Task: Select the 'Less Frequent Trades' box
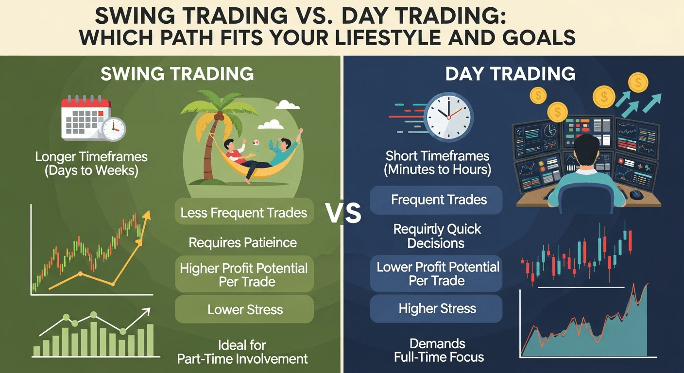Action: click(x=244, y=212)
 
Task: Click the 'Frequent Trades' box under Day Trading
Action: click(x=436, y=200)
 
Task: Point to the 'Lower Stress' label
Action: click(x=244, y=309)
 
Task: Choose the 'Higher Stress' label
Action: click(x=436, y=308)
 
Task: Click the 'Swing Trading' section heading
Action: click(x=177, y=74)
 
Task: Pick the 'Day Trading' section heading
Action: click(x=510, y=74)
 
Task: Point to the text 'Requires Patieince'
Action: click(x=243, y=242)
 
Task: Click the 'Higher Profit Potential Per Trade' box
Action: click(x=244, y=275)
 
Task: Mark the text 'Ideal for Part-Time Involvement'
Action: click(x=242, y=352)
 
